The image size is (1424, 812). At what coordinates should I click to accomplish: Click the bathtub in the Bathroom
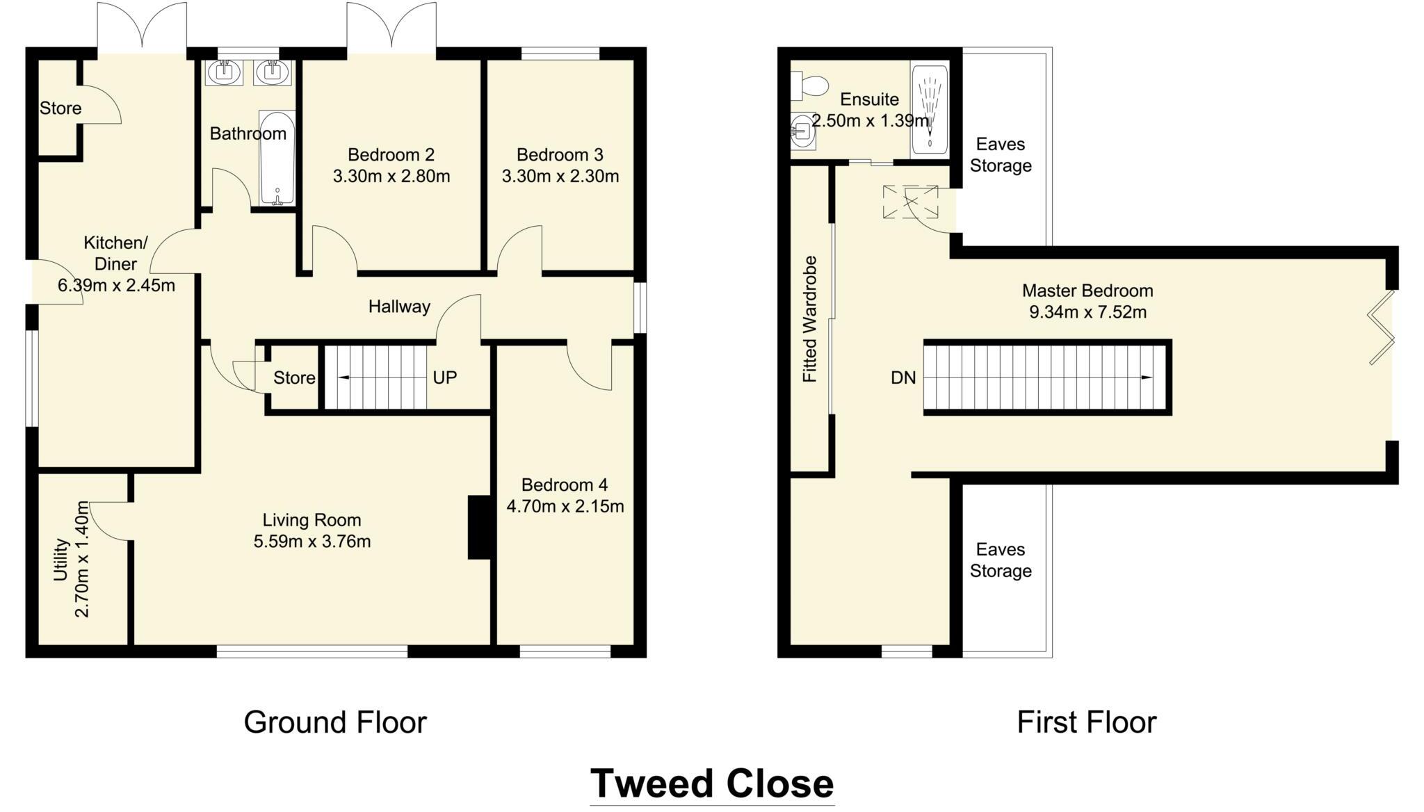point(277,158)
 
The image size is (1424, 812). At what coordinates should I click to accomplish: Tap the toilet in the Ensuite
point(809,86)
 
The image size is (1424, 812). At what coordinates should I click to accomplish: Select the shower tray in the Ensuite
point(930,110)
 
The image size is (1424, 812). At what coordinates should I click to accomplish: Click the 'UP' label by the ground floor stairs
point(445,377)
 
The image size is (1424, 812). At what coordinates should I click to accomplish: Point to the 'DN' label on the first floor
point(903,377)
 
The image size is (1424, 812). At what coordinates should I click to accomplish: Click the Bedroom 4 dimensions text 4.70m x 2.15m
point(565,506)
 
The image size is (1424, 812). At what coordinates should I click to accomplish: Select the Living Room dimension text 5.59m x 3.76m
point(312,541)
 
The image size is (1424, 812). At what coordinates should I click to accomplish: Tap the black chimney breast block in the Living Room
point(479,527)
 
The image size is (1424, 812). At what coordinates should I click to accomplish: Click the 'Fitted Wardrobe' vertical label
point(810,319)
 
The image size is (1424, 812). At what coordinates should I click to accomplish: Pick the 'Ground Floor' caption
point(334,722)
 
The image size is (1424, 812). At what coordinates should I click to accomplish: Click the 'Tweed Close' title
point(711,783)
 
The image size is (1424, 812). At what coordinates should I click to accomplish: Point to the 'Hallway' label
point(399,307)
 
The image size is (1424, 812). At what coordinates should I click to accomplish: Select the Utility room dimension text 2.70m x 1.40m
point(82,560)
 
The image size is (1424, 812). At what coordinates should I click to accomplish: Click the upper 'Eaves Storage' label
point(1001,155)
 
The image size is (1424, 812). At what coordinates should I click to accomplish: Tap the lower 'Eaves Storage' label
point(1001,560)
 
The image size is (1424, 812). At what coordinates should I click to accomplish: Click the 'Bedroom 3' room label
point(560,154)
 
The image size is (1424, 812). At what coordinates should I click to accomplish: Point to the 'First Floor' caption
point(1086,722)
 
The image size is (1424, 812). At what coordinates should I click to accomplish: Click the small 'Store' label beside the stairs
point(294,377)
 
